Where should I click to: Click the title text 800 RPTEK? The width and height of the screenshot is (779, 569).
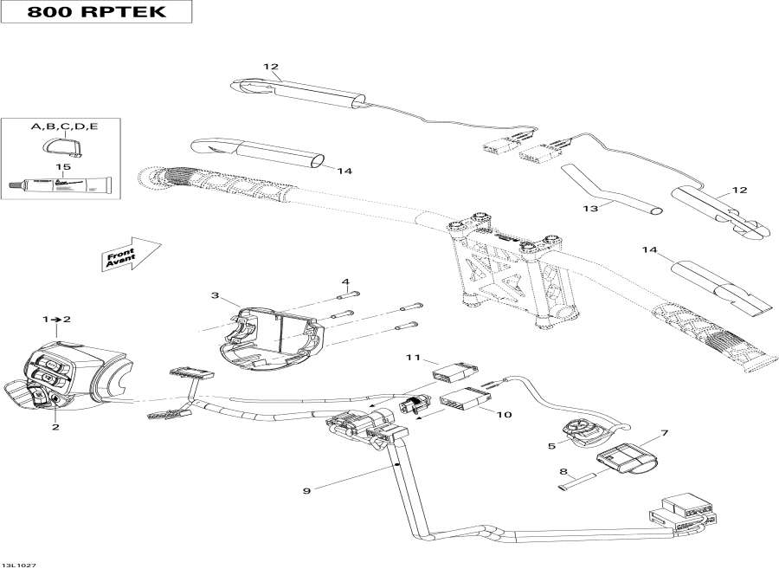click(96, 13)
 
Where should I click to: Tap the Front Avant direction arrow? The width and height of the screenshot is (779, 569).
click(131, 254)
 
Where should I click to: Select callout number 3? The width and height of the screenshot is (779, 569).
click(215, 295)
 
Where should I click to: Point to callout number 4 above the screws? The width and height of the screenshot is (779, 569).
click(344, 281)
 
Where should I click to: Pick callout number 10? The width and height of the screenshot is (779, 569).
click(504, 415)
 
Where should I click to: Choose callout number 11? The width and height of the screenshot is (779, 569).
click(413, 357)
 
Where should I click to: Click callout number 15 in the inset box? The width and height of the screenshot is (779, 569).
click(61, 166)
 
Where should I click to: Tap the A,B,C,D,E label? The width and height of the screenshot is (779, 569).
click(65, 126)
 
